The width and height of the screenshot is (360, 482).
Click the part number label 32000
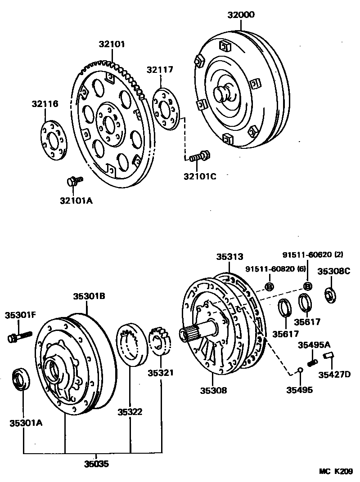[x=241, y=15]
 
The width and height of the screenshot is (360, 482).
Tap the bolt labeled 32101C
[x=198, y=157]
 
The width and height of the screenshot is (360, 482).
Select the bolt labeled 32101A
[x=74, y=181]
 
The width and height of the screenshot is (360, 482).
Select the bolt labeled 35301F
[x=19, y=336]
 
